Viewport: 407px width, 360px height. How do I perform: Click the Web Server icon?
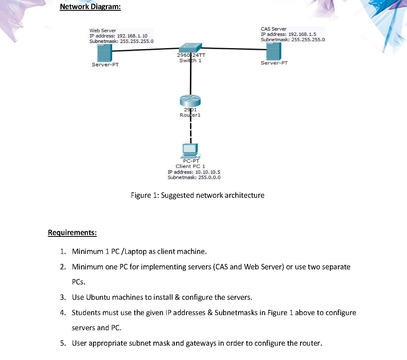[x=105, y=52]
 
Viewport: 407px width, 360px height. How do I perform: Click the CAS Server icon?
[x=274, y=51]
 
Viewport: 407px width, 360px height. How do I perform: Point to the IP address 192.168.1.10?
[x=132, y=36]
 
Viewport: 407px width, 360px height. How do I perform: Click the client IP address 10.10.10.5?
[x=205, y=172]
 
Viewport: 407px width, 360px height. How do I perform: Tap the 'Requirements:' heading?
[x=72, y=232]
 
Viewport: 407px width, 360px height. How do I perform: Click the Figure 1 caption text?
[x=198, y=195]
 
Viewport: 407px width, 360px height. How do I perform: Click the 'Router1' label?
[x=190, y=115]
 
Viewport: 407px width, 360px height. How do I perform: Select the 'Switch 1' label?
[x=190, y=61]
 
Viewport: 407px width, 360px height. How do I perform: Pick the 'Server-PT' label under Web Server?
[x=105, y=65]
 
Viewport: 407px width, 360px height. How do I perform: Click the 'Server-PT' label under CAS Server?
[x=274, y=63]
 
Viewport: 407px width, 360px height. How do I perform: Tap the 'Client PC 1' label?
[x=190, y=166]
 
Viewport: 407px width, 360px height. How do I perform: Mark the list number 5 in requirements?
[x=63, y=343]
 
